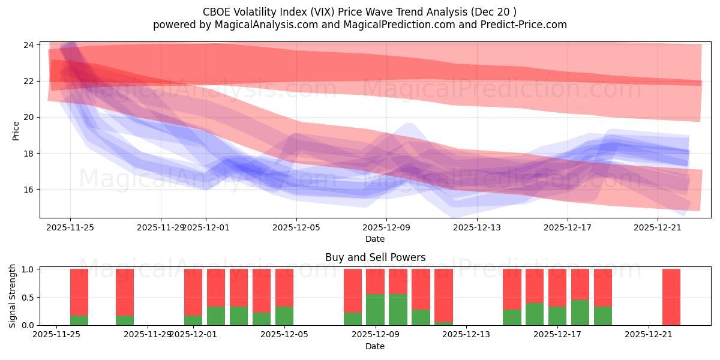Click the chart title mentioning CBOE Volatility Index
[x=360, y=11]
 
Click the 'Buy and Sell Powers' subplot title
[x=375, y=257]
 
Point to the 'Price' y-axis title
[x=16, y=130]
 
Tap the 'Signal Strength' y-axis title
[x=13, y=296]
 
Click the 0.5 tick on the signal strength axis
[x=27, y=297]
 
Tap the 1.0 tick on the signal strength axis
[x=27, y=269]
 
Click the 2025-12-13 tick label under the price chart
[x=476, y=227]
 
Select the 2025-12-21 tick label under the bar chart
[x=649, y=335]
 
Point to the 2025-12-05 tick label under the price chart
[x=296, y=227]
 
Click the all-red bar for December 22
[x=671, y=297]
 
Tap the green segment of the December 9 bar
[x=375, y=310]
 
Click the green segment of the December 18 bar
[x=580, y=313]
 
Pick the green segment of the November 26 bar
[x=79, y=320]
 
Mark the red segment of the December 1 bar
[x=193, y=292]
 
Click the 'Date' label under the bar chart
[x=375, y=346]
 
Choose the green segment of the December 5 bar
[x=284, y=316]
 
